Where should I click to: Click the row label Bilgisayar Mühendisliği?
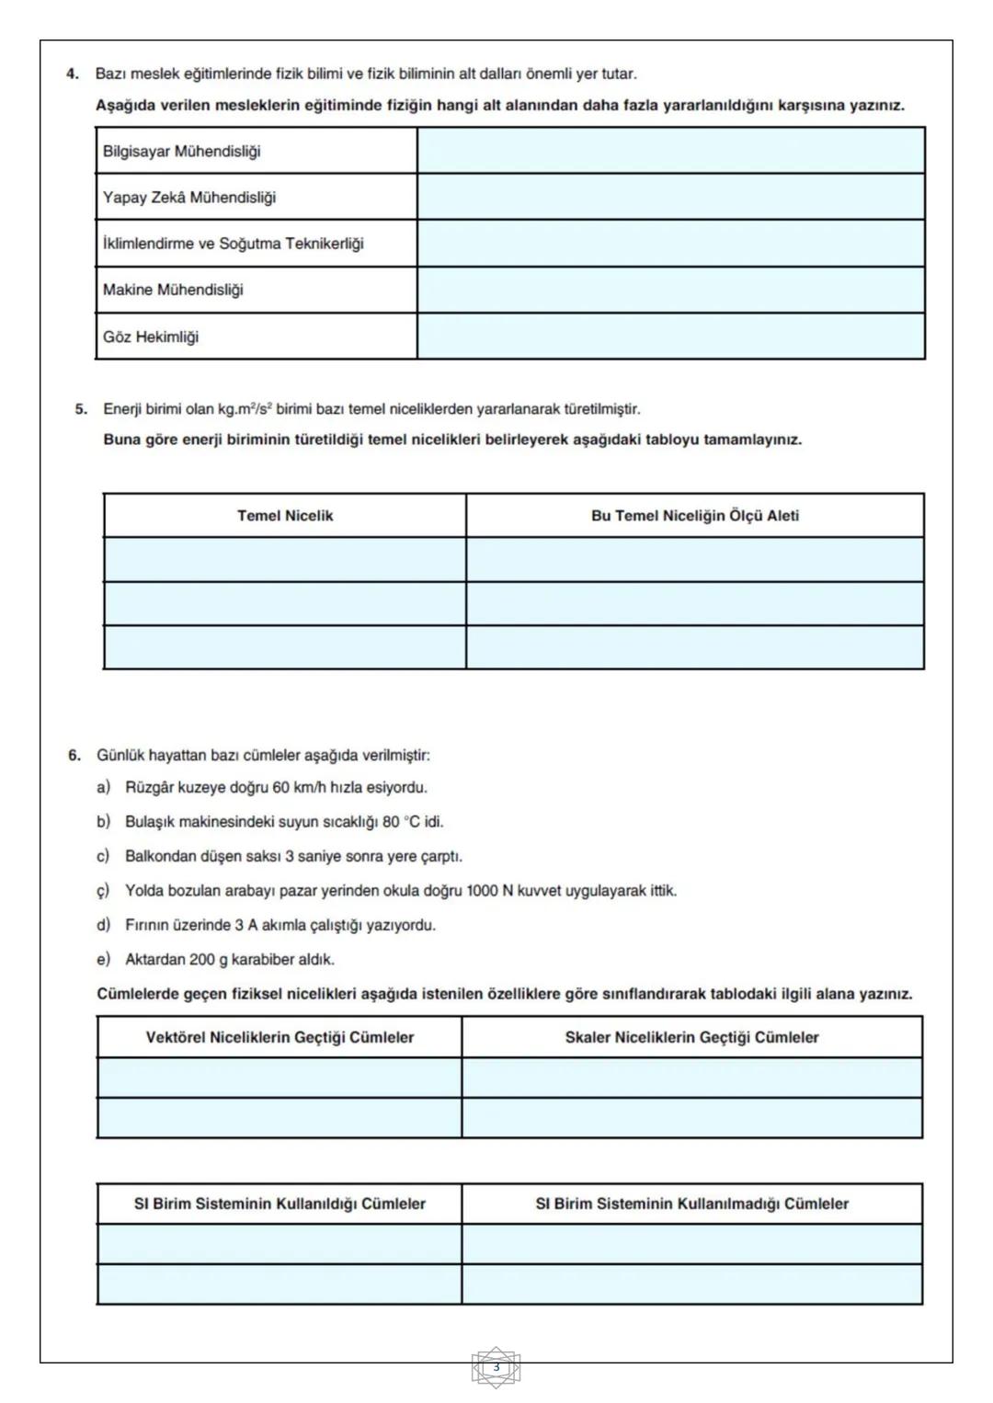pyautogui.click(x=181, y=151)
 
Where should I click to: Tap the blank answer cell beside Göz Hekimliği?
pyautogui.click(x=670, y=336)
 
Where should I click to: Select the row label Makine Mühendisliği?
pyautogui.click(x=173, y=290)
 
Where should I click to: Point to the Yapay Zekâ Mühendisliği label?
pyautogui.click(x=188, y=197)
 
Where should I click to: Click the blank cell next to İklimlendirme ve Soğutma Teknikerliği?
pyautogui.click(x=670, y=244)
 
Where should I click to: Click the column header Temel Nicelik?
pyautogui.click(x=285, y=516)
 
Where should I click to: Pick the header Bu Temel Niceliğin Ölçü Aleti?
pyautogui.click(x=694, y=516)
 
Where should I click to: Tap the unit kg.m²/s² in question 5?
pyautogui.click(x=245, y=409)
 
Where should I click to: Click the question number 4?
pyautogui.click(x=73, y=74)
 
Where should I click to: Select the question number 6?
pyautogui.click(x=74, y=756)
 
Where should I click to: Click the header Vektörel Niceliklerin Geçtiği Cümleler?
pyautogui.click(x=280, y=1037)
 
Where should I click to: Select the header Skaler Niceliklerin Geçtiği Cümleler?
pyautogui.click(x=691, y=1037)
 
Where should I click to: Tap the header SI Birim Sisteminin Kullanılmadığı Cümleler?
pyautogui.click(x=691, y=1203)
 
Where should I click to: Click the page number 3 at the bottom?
pyautogui.click(x=496, y=1367)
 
